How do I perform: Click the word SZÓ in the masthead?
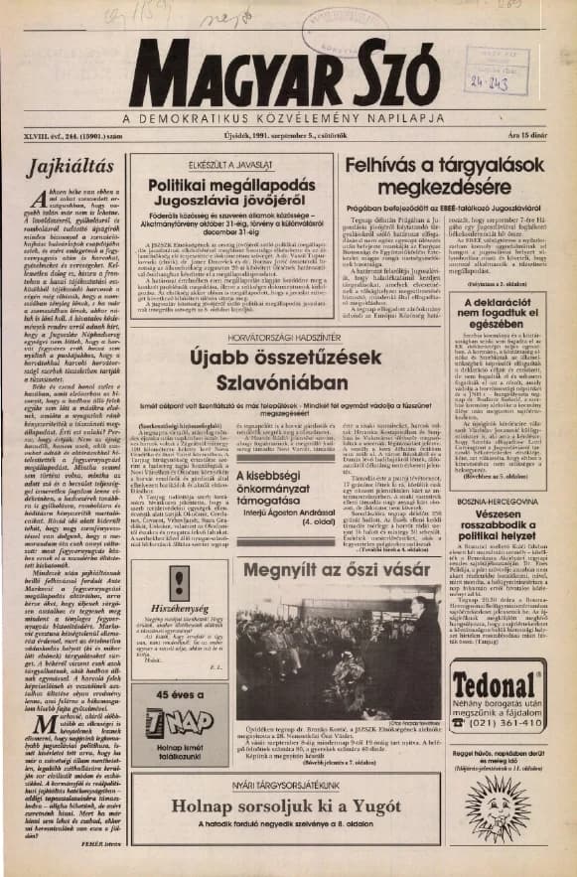point(380,81)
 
